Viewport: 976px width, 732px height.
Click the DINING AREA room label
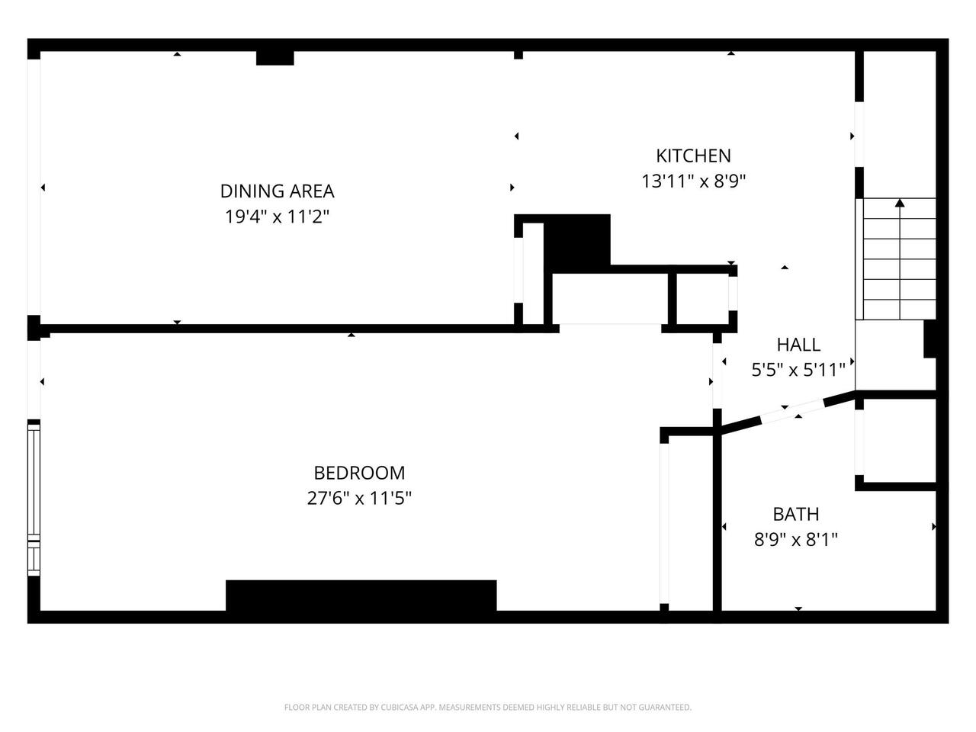277,191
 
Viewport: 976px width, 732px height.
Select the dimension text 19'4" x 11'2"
277,217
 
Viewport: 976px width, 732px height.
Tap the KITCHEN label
693,156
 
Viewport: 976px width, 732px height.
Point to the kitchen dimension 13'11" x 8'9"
693,181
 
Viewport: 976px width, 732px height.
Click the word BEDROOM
359,473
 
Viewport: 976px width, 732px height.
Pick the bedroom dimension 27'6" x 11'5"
359,499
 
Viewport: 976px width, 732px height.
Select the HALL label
798,345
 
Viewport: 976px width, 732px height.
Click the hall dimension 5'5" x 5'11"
798,371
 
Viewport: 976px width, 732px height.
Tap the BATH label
796,514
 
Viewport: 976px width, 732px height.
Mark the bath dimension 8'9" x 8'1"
796,540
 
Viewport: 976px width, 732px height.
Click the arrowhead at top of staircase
900,203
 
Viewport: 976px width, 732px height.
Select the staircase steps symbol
897,259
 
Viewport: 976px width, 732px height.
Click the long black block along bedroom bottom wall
361,596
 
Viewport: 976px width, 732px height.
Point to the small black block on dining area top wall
274,58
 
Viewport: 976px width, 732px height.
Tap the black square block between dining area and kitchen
578,240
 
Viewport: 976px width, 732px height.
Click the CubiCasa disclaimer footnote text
488,708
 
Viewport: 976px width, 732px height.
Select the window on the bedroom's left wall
33,496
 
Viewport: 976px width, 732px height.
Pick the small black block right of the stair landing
929,339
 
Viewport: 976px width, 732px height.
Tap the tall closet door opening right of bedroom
664,523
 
